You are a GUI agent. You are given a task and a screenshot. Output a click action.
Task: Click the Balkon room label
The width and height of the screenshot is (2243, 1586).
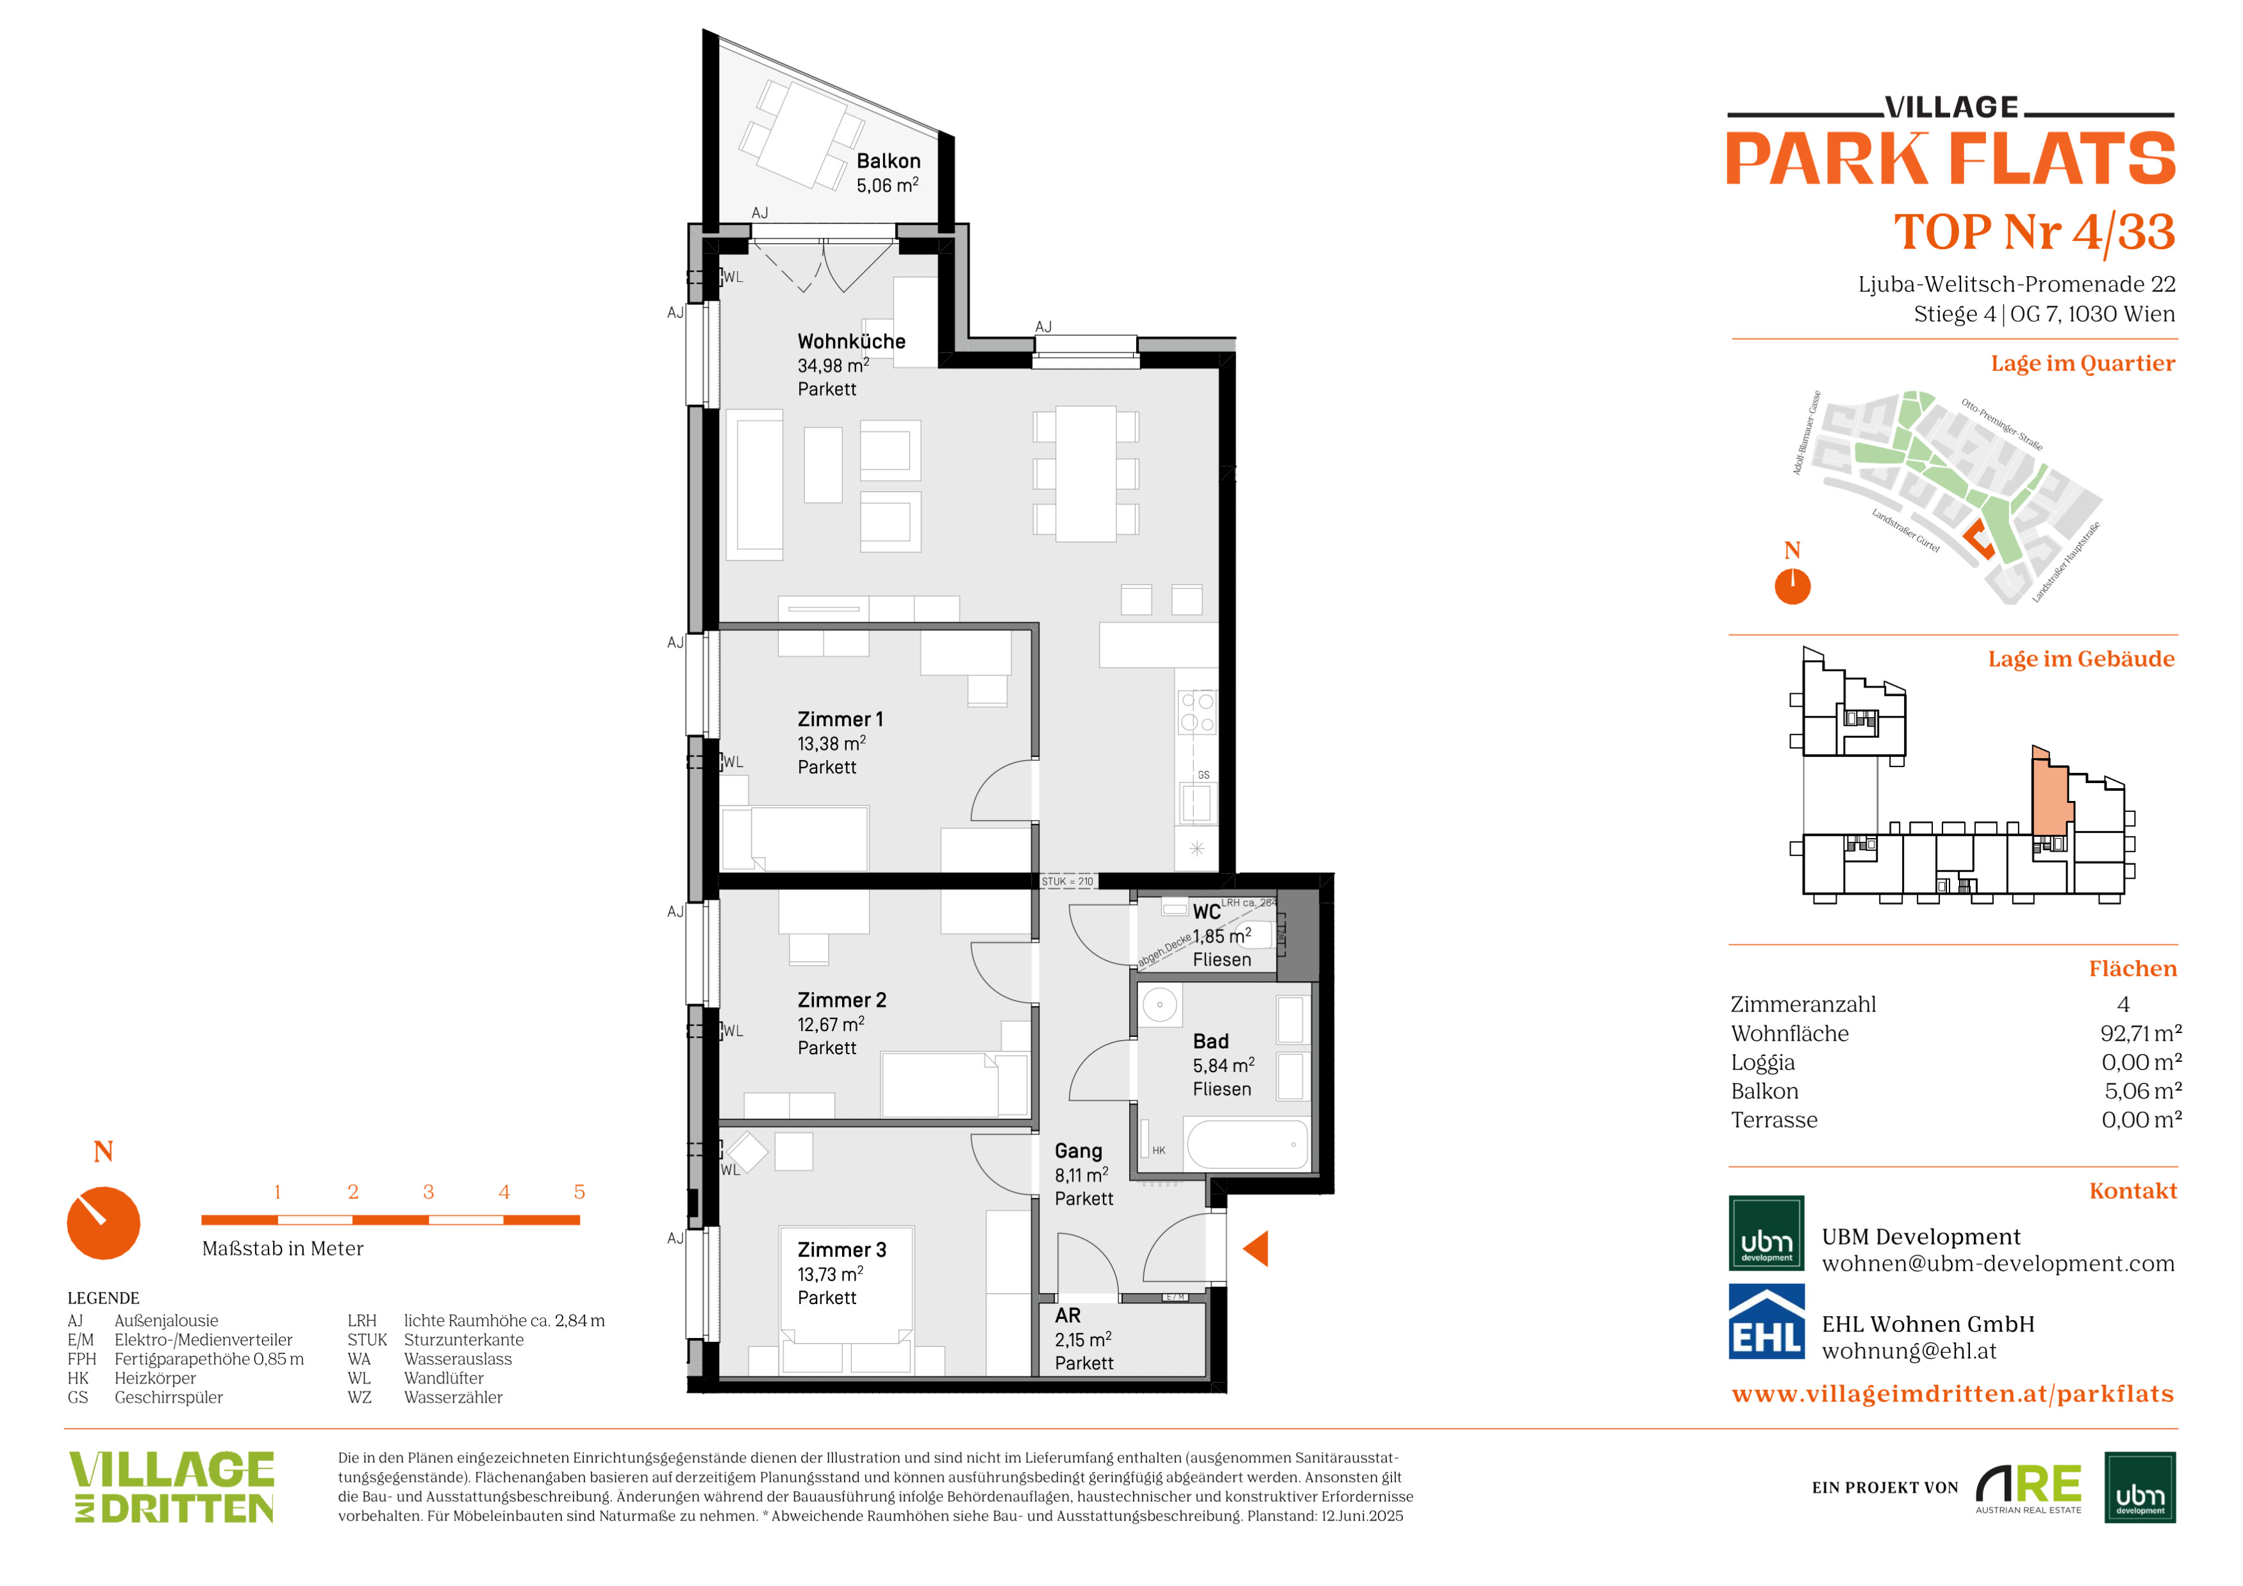(x=888, y=161)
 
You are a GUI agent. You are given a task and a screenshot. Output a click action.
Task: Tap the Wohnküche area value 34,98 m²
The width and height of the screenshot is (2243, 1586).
(x=833, y=365)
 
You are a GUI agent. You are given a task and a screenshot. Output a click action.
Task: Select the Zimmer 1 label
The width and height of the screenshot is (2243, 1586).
(x=840, y=720)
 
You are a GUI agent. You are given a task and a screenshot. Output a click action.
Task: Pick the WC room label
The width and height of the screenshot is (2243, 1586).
(x=1207, y=912)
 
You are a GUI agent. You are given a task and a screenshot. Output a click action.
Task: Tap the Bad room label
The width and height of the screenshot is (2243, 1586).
(x=1211, y=1042)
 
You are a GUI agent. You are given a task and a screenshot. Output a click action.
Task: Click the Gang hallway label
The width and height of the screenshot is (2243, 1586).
(x=1079, y=1152)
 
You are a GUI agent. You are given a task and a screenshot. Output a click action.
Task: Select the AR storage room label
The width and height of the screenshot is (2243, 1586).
(x=1068, y=1316)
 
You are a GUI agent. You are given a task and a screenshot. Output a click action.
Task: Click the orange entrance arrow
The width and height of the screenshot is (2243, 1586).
(x=1257, y=1248)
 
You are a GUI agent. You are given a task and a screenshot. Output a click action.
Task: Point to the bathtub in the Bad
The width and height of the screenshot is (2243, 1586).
(x=1246, y=1144)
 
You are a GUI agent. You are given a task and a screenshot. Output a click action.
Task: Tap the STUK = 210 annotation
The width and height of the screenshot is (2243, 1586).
(x=1067, y=882)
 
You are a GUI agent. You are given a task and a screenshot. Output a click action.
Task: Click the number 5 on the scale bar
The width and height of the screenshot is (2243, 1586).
(x=579, y=1193)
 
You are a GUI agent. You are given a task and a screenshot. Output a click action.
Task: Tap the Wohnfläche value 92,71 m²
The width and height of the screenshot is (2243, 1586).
(x=2140, y=1033)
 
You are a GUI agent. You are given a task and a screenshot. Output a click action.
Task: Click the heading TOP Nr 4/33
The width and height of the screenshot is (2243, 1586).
(x=2034, y=233)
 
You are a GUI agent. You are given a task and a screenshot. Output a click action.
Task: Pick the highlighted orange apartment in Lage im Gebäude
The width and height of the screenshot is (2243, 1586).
(x=2051, y=798)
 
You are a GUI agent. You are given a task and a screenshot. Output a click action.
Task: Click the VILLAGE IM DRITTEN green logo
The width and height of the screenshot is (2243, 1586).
(x=172, y=1487)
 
